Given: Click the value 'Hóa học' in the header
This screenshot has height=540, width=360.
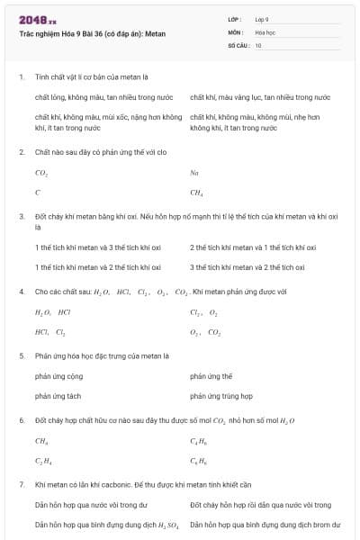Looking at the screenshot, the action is (265, 31).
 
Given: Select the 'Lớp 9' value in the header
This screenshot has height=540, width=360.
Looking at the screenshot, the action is (262, 19).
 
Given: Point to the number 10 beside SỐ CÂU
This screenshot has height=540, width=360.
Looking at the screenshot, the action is (258, 44).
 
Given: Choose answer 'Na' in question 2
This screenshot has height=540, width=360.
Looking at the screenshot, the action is (194, 172).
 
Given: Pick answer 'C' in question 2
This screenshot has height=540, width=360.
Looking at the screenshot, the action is (38, 192).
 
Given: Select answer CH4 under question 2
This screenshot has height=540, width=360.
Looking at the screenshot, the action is (196, 192).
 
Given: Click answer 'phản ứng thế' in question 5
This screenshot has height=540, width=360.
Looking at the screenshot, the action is (211, 376).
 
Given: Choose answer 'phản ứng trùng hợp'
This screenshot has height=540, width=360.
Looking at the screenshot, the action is (220, 396).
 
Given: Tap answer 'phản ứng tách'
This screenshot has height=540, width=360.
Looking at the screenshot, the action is (58, 396).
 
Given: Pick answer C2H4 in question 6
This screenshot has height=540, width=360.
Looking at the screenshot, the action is (41, 461).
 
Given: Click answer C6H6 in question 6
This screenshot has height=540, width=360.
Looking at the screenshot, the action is (197, 461).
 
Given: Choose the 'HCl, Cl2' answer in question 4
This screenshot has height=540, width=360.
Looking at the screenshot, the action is (49, 332).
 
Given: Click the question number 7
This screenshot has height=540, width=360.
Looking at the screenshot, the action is (21, 485).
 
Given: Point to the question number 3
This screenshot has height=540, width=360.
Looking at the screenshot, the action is (21, 217).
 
